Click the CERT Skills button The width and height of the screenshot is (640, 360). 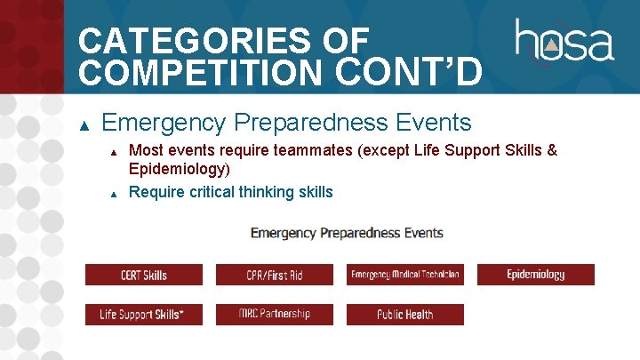(143, 275)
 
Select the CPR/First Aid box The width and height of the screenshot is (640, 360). (274, 275)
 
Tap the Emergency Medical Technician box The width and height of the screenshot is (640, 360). (404, 275)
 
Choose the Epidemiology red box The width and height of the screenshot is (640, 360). (535, 275)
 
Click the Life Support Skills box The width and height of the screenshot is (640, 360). (143, 315)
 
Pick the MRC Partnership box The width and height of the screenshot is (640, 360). (274, 315)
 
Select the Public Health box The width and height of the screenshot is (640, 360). (404, 315)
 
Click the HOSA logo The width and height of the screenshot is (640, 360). (564, 42)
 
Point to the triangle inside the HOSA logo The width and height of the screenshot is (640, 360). (551, 45)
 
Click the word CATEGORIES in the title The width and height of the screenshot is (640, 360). (222, 40)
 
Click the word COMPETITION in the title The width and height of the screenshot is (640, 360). (202, 70)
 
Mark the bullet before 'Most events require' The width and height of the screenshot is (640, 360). (114, 152)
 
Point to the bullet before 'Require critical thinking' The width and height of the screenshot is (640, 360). (114, 193)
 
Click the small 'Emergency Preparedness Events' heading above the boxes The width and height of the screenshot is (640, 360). (347, 233)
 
